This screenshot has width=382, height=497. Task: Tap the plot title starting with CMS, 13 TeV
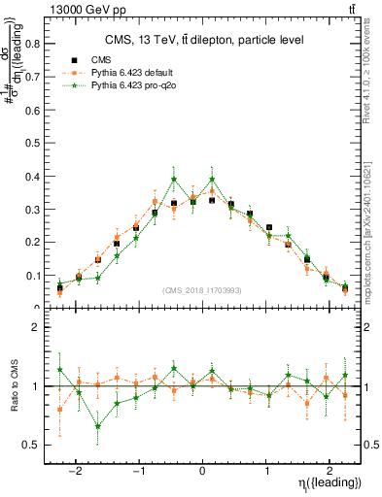(x=204, y=40)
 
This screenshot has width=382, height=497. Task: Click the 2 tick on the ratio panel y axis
(x=38, y=328)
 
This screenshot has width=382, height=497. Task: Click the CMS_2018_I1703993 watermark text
(x=201, y=290)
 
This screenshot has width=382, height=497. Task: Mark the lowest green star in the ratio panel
(x=98, y=426)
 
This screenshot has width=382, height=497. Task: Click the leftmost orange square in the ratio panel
(x=60, y=409)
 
